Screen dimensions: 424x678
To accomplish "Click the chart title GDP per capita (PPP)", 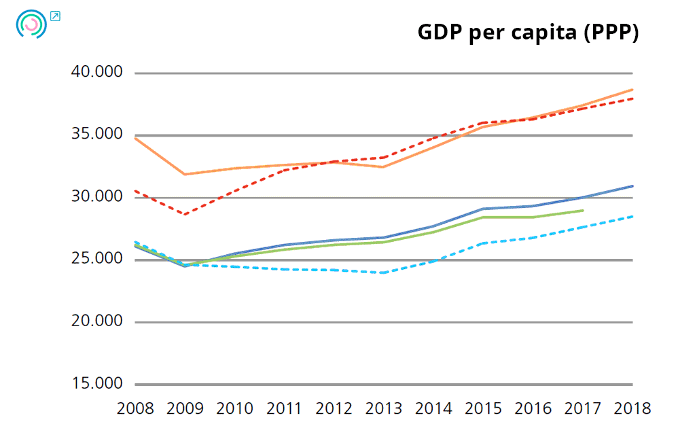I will coord(528,33).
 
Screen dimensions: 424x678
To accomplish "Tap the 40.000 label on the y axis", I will coord(97,72).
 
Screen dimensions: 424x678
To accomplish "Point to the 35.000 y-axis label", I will coord(97,135).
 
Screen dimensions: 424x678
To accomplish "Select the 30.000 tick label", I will coord(97,197).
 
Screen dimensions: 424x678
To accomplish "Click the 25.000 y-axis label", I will coord(97,260).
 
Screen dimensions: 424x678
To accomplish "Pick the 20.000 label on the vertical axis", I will coord(97,321).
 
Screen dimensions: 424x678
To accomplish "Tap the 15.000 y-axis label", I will coord(97,384).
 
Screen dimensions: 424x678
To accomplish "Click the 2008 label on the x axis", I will coord(135,409).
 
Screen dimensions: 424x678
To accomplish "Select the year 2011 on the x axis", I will coord(284,409).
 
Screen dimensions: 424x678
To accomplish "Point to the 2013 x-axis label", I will coord(384,409).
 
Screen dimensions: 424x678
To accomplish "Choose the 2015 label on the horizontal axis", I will coord(483,409).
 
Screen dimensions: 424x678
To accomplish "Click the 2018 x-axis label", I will coord(632,409).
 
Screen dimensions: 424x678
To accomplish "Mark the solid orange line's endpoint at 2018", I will coord(632,90).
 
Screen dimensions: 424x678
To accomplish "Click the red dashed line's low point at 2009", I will coord(185,215).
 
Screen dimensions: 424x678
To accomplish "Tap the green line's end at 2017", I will coord(583,211).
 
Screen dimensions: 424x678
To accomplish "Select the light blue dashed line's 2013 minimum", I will coord(384,272).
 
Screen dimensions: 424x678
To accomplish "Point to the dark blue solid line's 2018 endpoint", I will coord(632,186).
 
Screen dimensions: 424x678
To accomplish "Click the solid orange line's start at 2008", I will coord(136,138).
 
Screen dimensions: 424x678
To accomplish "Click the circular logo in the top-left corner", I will coord(31,24).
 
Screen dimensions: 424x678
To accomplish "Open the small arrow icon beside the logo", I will coord(55,16).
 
